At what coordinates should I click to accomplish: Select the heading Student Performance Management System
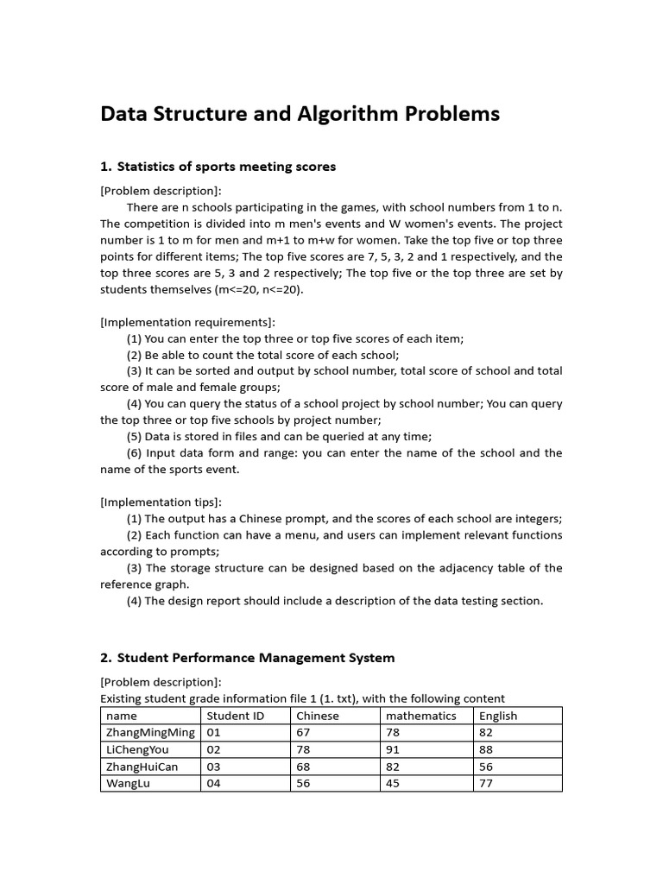(x=256, y=657)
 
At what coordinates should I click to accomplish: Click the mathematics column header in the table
(x=421, y=716)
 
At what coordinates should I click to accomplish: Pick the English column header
(x=498, y=716)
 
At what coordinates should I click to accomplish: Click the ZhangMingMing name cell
(x=149, y=733)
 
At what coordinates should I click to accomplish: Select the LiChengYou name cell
(x=137, y=749)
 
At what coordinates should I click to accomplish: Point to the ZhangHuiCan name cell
(x=142, y=767)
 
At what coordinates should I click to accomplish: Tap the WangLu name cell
(x=128, y=784)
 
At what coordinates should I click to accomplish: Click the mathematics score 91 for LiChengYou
(x=394, y=749)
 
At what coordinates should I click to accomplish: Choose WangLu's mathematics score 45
(x=394, y=784)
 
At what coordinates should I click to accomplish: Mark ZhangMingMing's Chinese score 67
(x=304, y=733)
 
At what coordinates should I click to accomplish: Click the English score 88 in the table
(x=486, y=749)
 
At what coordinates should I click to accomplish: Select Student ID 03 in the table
(x=214, y=767)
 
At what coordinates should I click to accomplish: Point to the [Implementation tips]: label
(x=161, y=502)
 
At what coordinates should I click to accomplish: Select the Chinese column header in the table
(x=318, y=716)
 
